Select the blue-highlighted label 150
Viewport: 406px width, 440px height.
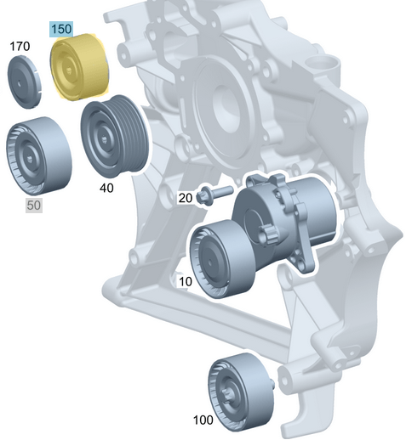tap(61, 29)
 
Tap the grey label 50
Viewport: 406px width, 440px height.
tap(34, 205)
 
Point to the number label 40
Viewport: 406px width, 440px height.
tap(106, 188)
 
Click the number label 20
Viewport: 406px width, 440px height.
tap(185, 197)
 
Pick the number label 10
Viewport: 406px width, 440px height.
tap(186, 280)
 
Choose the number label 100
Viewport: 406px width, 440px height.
tap(203, 420)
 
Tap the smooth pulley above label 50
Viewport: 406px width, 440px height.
tap(35, 158)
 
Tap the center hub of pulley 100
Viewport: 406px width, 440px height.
tap(233, 392)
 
